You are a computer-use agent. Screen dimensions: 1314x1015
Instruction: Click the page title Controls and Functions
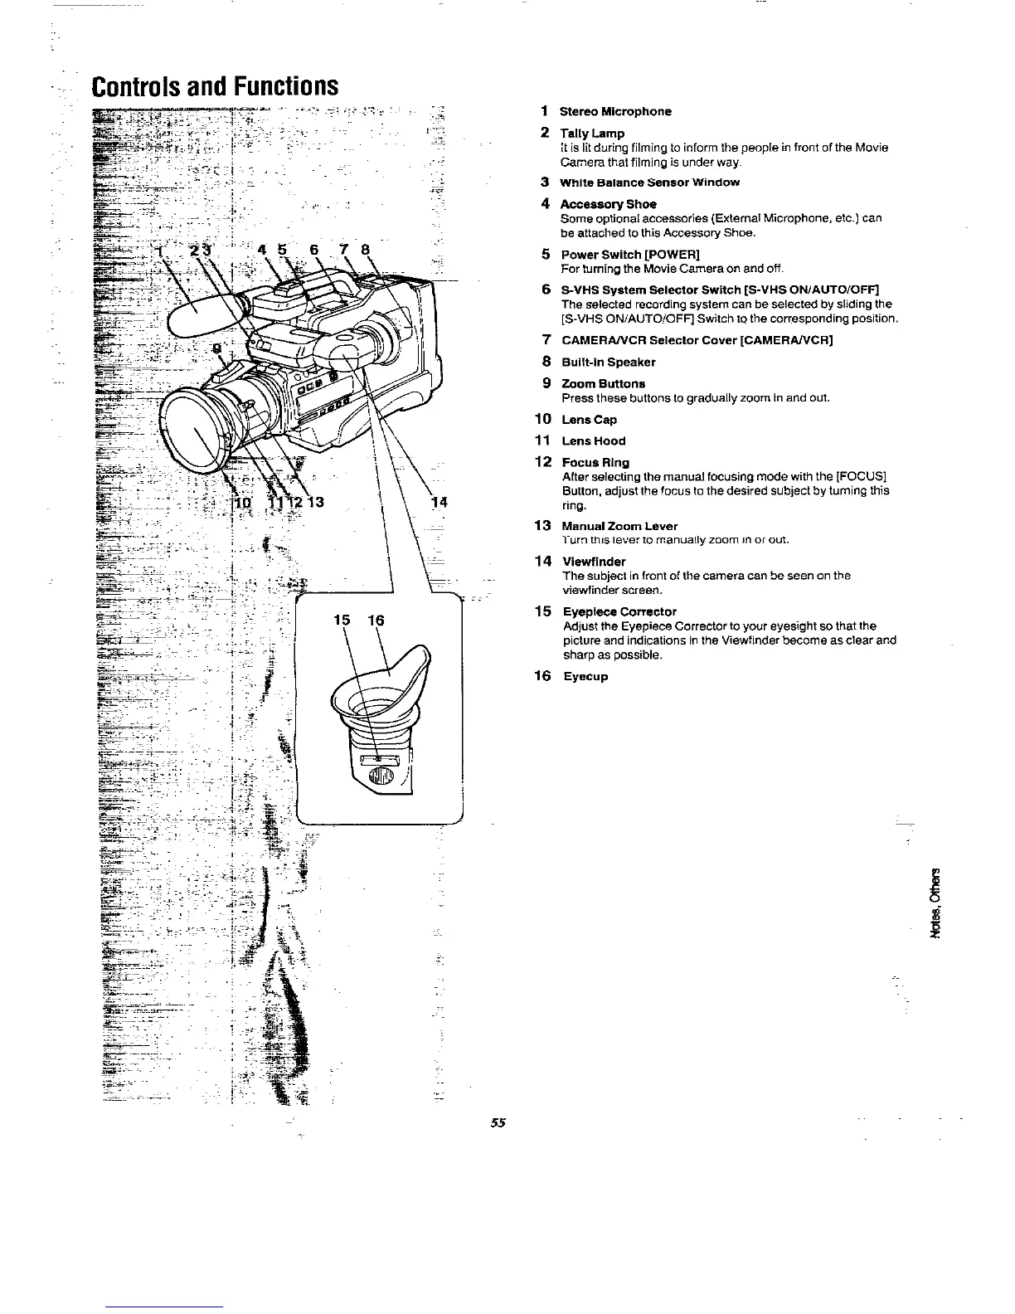point(215,86)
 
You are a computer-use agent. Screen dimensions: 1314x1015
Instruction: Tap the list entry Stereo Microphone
point(615,111)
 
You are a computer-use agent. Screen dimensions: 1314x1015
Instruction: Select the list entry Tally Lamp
point(592,133)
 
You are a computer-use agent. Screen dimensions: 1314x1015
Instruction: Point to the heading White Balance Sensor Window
point(649,182)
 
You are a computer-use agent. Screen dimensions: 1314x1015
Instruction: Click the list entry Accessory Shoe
point(609,204)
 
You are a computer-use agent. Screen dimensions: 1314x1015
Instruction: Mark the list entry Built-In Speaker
point(609,362)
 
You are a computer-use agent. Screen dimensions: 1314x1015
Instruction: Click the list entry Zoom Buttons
point(603,383)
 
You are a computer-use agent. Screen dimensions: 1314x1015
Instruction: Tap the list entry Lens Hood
point(593,440)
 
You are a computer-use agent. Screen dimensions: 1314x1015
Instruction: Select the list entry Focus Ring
point(595,462)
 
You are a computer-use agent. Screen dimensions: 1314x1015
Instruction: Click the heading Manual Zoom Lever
point(619,526)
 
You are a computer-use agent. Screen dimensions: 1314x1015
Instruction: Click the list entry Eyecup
point(585,676)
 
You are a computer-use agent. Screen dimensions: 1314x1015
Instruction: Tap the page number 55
point(498,1123)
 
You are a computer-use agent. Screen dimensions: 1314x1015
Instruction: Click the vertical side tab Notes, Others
point(938,902)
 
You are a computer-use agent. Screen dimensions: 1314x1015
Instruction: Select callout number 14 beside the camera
point(439,502)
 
